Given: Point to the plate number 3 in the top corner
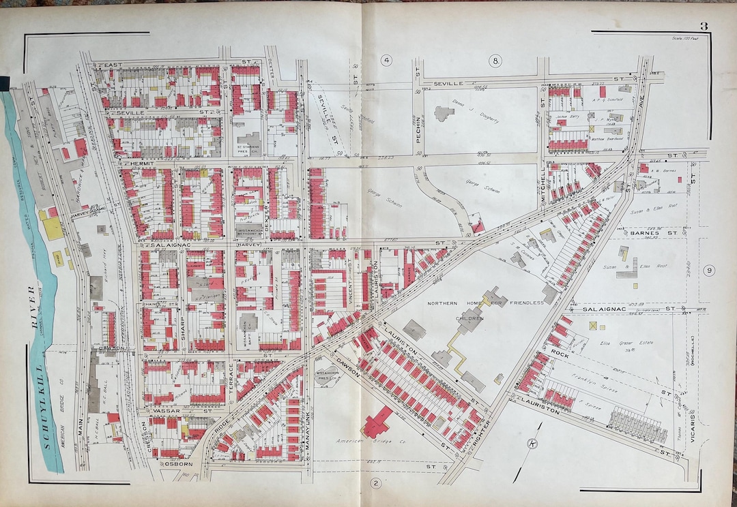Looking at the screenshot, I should tap(702, 27).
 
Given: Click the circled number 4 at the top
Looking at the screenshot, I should tap(386, 61).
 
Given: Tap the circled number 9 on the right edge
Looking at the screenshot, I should tap(710, 271).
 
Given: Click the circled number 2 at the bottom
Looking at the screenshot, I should tap(375, 484).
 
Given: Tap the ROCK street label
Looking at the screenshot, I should tap(560, 352).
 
